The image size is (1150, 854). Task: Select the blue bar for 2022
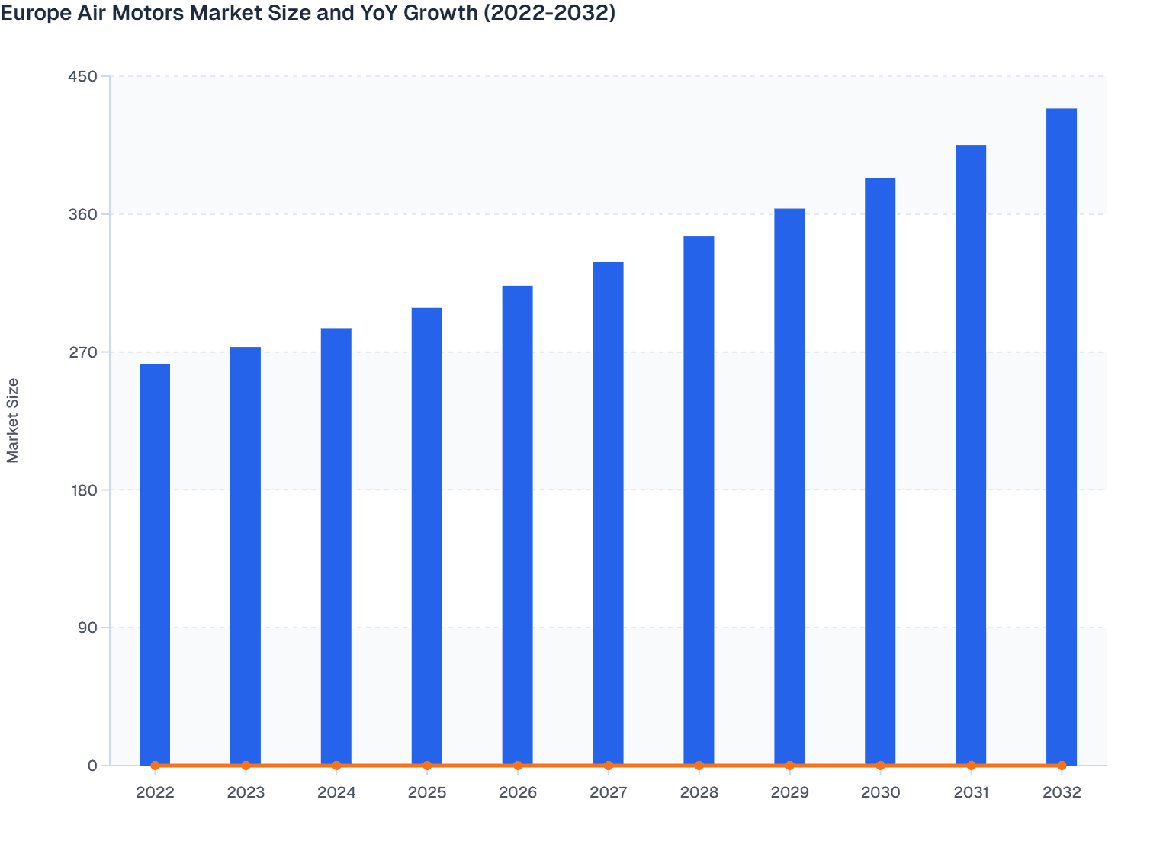155,564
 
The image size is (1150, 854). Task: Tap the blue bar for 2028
699,500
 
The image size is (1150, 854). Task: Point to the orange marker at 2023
246,766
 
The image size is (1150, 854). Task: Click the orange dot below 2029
789,766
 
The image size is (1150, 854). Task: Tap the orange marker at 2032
1062,766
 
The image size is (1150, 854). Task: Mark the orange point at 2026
518,766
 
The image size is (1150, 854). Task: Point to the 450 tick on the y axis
83,76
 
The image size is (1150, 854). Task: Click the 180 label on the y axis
83,490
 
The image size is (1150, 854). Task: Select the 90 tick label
88,628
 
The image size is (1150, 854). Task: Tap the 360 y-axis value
83,214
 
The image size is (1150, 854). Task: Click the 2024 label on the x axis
336,792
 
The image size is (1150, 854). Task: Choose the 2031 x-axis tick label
971,792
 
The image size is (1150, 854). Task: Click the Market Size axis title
12,420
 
